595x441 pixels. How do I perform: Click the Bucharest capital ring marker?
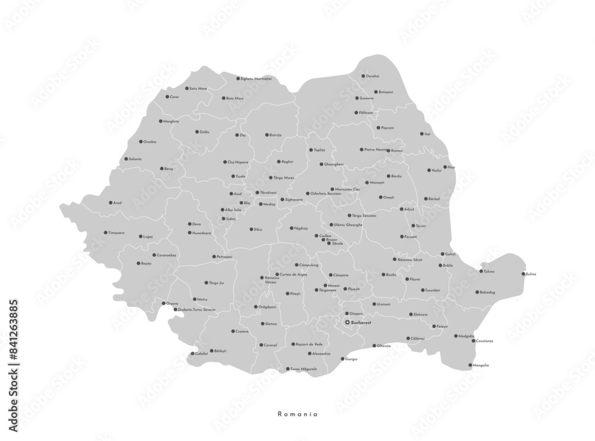pyautogui.click(x=347, y=323)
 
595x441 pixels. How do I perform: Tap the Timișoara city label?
pyautogui.click(x=115, y=233)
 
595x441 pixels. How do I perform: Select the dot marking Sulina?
pyautogui.click(x=524, y=274)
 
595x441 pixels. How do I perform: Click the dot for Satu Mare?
pyautogui.click(x=186, y=88)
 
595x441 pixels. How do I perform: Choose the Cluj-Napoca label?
pyautogui.click(x=238, y=162)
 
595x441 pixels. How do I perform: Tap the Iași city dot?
pyautogui.click(x=421, y=134)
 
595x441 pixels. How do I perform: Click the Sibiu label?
pyautogui.click(x=258, y=229)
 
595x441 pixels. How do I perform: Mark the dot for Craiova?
pyautogui.click(x=232, y=331)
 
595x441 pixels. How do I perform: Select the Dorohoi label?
pyautogui.click(x=373, y=76)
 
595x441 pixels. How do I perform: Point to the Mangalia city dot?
pyautogui.click(x=469, y=365)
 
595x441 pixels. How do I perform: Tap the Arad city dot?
pyautogui.click(x=110, y=202)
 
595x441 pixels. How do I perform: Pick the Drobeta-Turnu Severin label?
pyautogui.click(x=197, y=310)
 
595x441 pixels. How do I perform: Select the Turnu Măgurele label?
pyautogui.click(x=304, y=369)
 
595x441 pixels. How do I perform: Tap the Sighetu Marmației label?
pyautogui.click(x=256, y=79)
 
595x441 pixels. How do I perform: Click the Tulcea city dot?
pyautogui.click(x=481, y=271)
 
